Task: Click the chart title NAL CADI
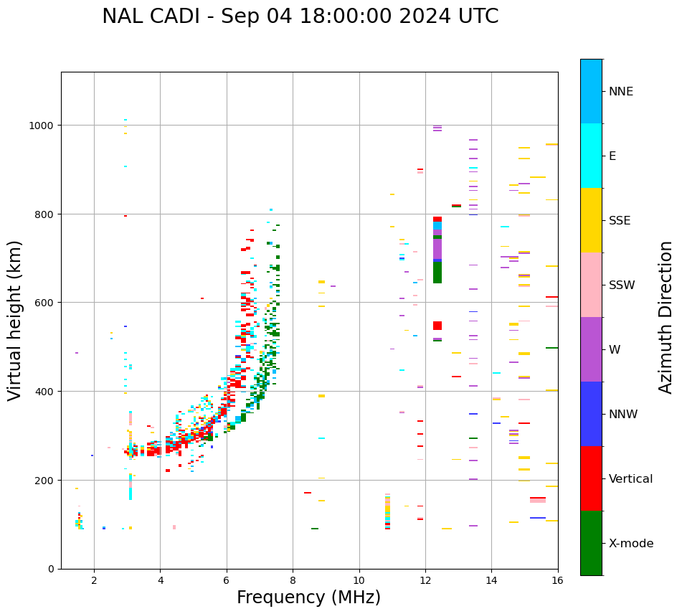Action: point(300,16)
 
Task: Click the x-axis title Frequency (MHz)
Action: point(308,598)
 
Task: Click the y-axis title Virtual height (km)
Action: point(15,320)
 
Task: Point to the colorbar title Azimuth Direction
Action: point(666,317)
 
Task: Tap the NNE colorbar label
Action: point(621,91)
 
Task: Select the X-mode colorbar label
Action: point(631,543)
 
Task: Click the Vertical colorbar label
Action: point(631,478)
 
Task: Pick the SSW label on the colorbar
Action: point(622,285)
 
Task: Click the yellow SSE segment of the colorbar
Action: point(591,220)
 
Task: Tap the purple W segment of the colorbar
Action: point(591,349)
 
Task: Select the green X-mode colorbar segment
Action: point(591,543)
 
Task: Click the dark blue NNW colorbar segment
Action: point(591,414)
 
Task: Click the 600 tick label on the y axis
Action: point(45,303)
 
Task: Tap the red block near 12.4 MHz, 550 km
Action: point(437,326)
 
